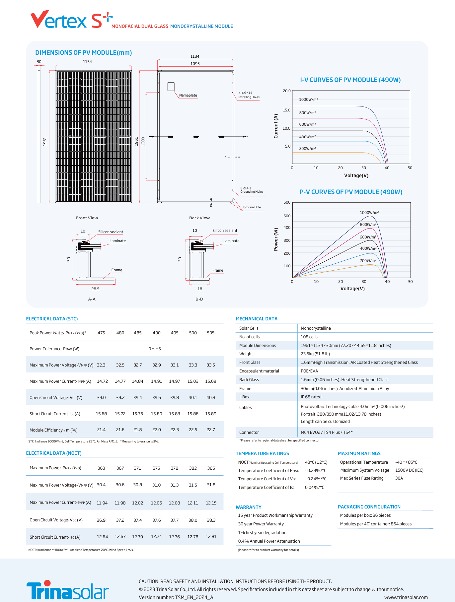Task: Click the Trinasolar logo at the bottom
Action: click(68, 590)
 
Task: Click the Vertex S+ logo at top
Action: click(71, 20)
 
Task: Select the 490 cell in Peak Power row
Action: click(156, 333)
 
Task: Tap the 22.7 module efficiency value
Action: click(211, 430)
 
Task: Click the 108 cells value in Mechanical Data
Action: click(309, 337)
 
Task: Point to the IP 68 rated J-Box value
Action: click(311, 397)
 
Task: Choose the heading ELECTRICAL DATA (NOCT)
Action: click(54, 453)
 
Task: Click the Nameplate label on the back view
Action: click(188, 95)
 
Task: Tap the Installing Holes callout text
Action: click(249, 97)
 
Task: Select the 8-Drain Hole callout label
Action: click(252, 207)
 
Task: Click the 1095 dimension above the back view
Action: click(195, 64)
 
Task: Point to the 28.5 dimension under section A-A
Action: click(95, 289)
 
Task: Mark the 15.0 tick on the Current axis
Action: click(286, 110)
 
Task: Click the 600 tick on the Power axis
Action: click(287, 202)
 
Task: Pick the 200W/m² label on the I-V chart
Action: click(307, 149)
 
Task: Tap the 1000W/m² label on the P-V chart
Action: click(369, 213)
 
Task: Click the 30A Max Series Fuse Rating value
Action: click(399, 478)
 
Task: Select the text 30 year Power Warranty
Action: click(261, 524)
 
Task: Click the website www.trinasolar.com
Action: click(406, 597)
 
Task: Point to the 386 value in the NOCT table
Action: click(211, 468)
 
